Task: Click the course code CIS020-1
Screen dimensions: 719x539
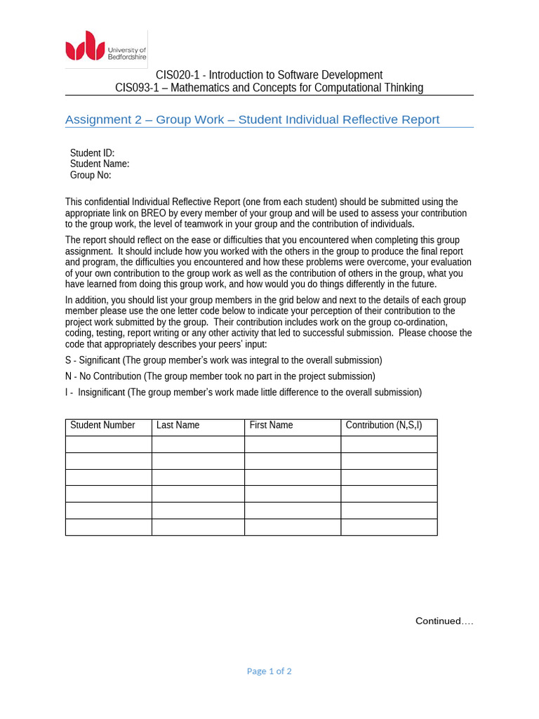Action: click(x=178, y=75)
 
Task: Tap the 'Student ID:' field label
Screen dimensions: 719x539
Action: click(x=92, y=153)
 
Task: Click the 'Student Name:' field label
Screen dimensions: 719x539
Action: click(x=100, y=164)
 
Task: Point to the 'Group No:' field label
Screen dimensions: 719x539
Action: click(x=91, y=175)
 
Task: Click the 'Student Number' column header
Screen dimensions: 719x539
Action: click(x=102, y=426)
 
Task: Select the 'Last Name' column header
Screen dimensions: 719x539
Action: click(x=178, y=426)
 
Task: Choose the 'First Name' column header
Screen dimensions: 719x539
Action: click(x=271, y=426)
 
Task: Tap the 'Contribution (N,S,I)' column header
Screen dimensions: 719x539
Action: click(x=383, y=426)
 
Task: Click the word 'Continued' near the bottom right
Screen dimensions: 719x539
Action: click(x=438, y=621)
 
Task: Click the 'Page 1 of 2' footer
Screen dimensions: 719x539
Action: click(x=269, y=671)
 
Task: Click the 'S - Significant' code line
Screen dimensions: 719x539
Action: click(x=223, y=360)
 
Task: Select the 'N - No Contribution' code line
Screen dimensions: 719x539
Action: click(x=220, y=376)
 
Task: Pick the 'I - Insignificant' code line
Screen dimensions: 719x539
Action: click(x=243, y=393)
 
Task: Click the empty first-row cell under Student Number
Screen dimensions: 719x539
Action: click(x=108, y=444)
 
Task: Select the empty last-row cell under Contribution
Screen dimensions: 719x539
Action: click(x=389, y=527)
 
